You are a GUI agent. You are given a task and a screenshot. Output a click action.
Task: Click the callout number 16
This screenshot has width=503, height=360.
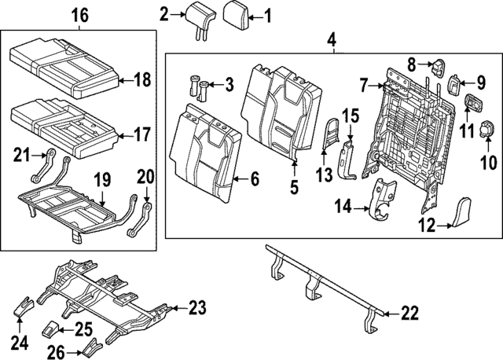tap(79, 14)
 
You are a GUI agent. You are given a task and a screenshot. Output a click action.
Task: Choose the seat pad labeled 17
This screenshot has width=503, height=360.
tap(63, 122)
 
